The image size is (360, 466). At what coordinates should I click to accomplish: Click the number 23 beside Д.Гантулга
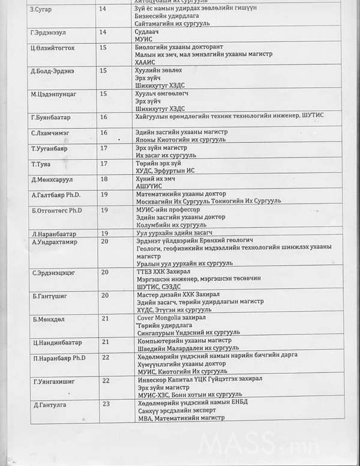pyautogui.click(x=106, y=404)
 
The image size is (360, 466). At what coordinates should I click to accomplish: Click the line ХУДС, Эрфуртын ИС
pyautogui.click(x=166, y=171)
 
